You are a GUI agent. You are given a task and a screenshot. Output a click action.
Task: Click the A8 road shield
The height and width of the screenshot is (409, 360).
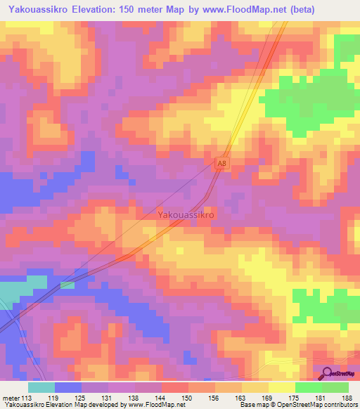coord(222,163)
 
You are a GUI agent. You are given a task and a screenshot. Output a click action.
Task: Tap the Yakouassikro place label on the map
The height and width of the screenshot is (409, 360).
coord(186,214)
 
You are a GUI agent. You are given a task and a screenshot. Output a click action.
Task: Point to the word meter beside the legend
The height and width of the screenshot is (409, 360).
coord(10,397)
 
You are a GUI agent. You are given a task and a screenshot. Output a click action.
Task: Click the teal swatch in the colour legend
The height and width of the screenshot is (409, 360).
coord(41,387)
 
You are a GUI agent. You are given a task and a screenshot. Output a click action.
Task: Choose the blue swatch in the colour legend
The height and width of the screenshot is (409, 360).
coord(68,387)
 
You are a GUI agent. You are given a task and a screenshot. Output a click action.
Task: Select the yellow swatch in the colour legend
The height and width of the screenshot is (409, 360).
coord(282,387)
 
